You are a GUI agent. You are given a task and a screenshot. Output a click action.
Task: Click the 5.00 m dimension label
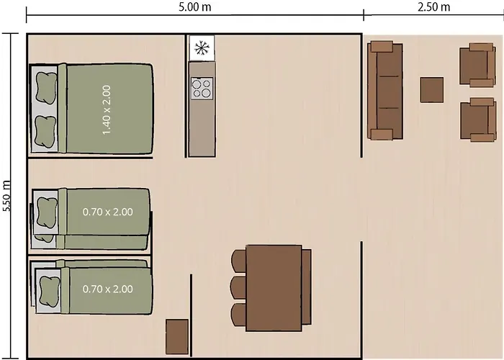pyautogui.click(x=195, y=7)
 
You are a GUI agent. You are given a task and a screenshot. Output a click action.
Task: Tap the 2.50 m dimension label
pyautogui.click(x=433, y=6)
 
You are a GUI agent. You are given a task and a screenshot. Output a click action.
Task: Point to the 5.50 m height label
pyautogui.click(x=6, y=196)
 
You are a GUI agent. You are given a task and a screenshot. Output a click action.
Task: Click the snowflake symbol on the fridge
pyautogui.click(x=202, y=48)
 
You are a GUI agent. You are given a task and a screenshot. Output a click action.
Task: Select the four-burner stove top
pyautogui.click(x=202, y=88)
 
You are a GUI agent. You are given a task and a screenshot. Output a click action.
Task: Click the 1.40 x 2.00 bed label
pyautogui.click(x=107, y=110)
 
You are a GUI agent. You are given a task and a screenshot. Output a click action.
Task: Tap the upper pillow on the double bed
pyautogui.click(x=46, y=88)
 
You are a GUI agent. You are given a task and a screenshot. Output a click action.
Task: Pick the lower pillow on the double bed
pyautogui.click(x=45, y=132)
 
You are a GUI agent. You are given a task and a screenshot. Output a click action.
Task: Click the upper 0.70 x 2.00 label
pyautogui.click(x=108, y=212)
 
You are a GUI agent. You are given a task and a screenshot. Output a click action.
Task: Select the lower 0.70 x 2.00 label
pyautogui.click(x=108, y=289)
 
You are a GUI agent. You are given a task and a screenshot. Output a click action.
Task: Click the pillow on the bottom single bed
pyautogui.click(x=50, y=291)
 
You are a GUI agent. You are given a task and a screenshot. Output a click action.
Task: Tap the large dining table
pyautogui.click(x=274, y=288)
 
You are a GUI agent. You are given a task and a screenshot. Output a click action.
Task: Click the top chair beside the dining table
pyautogui.click(x=239, y=261)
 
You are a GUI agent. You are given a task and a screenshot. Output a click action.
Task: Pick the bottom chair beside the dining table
pyautogui.click(x=239, y=315)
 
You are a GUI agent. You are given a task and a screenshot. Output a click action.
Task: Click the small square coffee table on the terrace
pyautogui.click(x=432, y=90)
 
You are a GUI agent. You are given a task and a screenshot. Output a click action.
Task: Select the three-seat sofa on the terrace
pyautogui.click(x=385, y=91)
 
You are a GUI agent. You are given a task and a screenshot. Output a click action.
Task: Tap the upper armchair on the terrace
pyautogui.click(x=477, y=66)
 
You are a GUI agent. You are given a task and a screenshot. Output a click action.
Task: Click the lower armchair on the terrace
pyautogui.click(x=478, y=120)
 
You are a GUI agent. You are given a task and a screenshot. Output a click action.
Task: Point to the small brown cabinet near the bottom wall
pyautogui.click(x=177, y=337)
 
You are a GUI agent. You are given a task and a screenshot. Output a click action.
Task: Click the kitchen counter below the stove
pyautogui.click(x=202, y=128)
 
